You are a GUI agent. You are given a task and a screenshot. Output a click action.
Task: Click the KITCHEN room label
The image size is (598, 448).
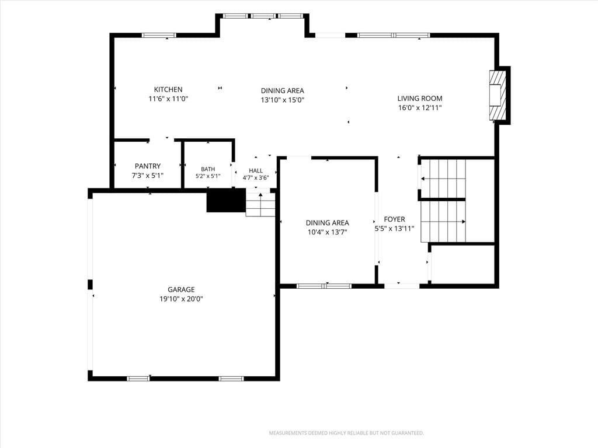tap(168, 89)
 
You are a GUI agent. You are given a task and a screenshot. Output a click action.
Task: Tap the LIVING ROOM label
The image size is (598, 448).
tap(420, 98)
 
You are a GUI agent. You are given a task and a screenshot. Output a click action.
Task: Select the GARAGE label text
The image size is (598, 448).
tap(181, 289)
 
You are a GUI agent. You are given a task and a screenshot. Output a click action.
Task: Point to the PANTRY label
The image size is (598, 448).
tap(148, 166)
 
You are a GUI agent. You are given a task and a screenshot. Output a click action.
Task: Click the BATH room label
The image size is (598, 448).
tap(208, 169)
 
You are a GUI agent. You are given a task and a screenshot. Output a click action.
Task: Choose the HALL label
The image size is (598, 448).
tap(256, 171)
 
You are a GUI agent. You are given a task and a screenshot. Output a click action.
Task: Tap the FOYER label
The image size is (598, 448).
tap(394, 219)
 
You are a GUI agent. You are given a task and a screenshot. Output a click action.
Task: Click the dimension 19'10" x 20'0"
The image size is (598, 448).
tap(181, 299)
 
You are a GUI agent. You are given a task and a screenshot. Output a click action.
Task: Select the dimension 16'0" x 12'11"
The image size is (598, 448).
tap(420, 108)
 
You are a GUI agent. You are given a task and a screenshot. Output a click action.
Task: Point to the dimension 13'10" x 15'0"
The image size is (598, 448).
tap(282, 100)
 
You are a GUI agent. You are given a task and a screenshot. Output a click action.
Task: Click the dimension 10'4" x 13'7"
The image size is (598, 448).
tap(327, 232)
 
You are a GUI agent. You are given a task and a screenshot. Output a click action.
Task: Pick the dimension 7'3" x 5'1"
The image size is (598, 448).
tap(148, 176)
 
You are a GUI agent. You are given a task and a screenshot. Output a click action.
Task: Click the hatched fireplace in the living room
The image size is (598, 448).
tap(499, 95)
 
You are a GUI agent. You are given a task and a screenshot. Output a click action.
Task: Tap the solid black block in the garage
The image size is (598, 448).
tap(226, 201)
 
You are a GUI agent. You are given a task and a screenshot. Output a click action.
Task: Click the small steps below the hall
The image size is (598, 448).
tap(260, 205)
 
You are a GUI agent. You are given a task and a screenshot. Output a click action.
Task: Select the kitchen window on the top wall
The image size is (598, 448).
tap(159, 36)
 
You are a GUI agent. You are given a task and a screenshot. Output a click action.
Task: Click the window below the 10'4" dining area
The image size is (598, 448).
tap(324, 286)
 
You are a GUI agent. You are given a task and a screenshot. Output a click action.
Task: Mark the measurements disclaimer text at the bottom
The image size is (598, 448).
tap(346, 433)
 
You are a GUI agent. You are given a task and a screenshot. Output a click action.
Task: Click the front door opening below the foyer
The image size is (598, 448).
tap(402, 286)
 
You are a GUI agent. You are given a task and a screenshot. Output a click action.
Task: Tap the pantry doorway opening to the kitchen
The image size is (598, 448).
tap(161, 141)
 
